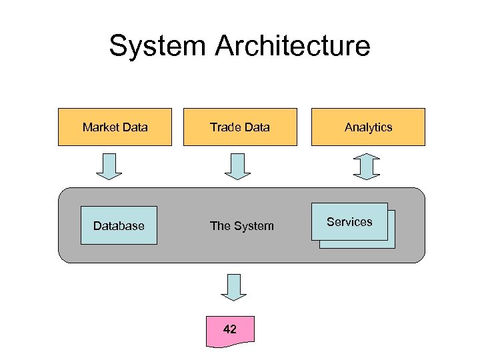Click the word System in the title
pos(157,47)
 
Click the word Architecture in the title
pos(293,47)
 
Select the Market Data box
pos(115,127)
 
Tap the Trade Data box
pos(240,127)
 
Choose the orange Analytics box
pos(368,127)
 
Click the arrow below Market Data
pos(109,166)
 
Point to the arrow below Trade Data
pos(237,166)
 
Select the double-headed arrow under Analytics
pos(365,166)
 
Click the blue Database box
pos(119,225)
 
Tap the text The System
pos(241,226)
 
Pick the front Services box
pos(349,221)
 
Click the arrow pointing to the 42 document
pos(233,287)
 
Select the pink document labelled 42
pos(230,331)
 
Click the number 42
pos(229,329)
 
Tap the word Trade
pos(225,127)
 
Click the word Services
pos(349,222)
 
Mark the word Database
pos(119,226)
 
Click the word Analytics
pos(368,127)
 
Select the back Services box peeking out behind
pos(391,244)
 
